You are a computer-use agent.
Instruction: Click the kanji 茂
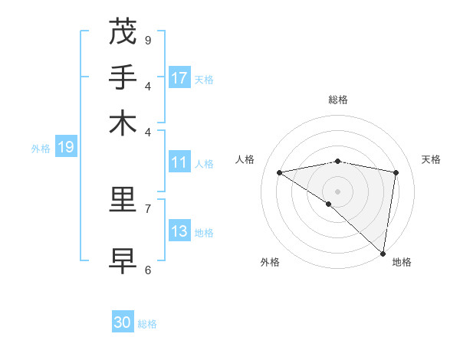[123, 31]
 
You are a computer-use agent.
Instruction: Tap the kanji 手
[123, 77]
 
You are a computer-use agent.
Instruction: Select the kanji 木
[123, 123]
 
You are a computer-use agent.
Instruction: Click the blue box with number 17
[179, 78]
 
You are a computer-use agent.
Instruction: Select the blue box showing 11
[179, 162]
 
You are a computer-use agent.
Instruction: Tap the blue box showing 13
[179, 231]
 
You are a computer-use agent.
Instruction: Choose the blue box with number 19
[66, 147]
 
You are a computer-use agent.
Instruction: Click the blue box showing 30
[123, 322]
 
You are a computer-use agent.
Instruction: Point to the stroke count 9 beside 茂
[148, 40]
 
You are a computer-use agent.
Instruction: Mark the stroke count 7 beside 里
[148, 208]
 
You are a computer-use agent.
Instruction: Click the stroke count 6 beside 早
[148, 270]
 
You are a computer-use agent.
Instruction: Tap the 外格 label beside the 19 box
[41, 149]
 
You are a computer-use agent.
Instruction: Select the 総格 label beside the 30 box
[147, 324]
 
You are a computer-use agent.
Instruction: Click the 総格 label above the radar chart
[338, 100]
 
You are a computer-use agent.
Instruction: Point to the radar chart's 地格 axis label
[402, 262]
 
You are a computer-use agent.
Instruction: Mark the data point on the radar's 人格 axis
[279, 172]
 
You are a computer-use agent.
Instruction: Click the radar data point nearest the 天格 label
[396, 172]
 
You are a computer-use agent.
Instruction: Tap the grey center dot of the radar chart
[337, 191]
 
